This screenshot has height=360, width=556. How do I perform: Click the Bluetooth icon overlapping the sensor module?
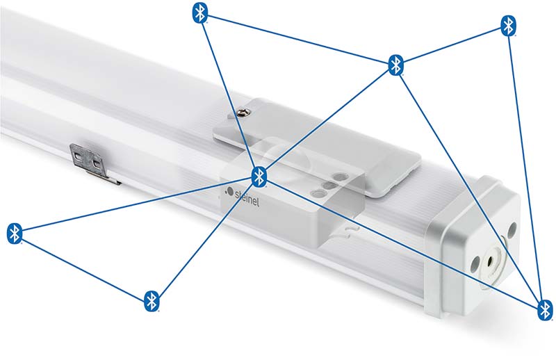259,177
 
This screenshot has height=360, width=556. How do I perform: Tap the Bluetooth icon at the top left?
200,13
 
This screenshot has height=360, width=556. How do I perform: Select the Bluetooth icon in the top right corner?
509,26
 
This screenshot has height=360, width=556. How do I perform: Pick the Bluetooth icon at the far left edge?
15,234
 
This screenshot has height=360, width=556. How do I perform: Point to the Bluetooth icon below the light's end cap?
545,310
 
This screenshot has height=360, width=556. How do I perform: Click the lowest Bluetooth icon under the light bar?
152,301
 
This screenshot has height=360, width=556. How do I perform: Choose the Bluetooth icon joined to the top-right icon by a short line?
395,65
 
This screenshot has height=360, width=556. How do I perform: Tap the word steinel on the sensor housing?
247,199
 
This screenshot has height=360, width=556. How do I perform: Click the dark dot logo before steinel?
229,192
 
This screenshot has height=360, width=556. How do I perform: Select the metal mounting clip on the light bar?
94,163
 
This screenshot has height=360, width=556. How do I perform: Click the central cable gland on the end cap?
491,261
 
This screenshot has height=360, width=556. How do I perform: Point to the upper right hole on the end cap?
512,230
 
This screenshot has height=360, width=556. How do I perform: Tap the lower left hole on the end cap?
475,264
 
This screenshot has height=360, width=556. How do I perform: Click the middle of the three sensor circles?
329,186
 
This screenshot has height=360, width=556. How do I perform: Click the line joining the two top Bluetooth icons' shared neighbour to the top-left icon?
298,39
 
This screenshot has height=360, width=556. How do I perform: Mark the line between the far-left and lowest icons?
83,267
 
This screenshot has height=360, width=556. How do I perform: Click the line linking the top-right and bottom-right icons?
527,167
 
